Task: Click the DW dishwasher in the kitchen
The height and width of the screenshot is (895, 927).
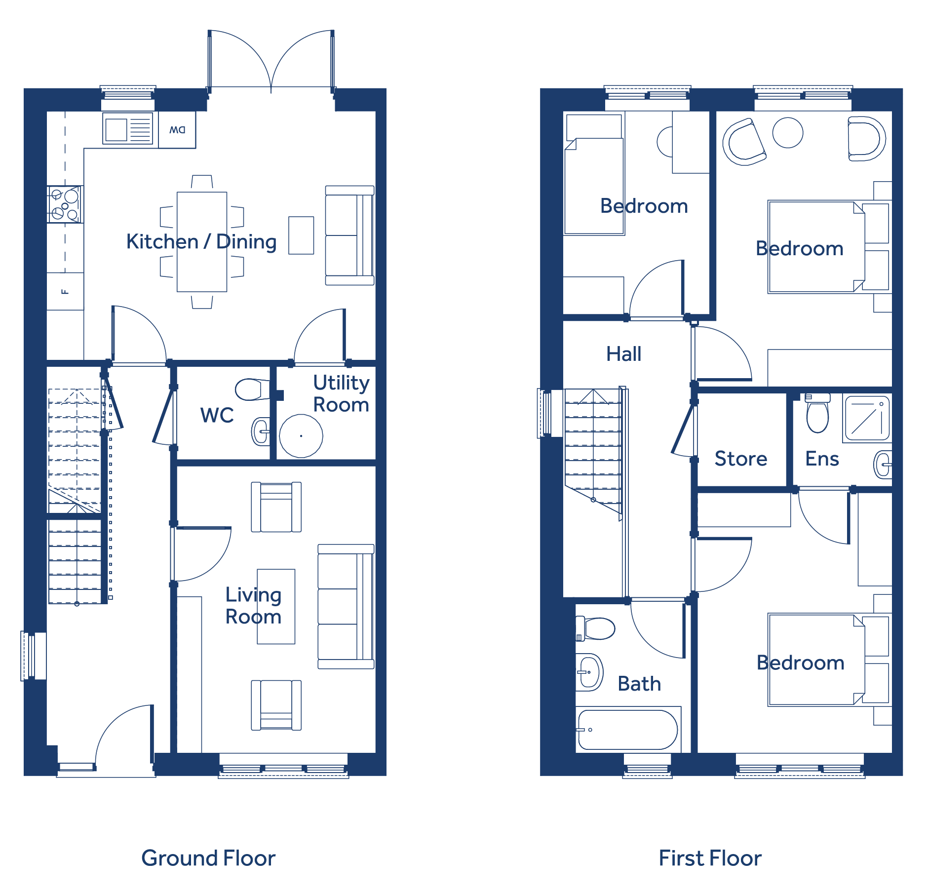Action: coord(177,130)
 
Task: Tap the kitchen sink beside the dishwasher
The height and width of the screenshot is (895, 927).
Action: coord(128,129)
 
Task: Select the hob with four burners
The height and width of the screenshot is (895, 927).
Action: coord(65,204)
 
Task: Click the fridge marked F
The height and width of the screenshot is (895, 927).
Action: coord(65,291)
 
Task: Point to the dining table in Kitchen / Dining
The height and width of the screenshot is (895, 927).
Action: coord(202,242)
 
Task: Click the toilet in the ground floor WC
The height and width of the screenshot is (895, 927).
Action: coord(252,389)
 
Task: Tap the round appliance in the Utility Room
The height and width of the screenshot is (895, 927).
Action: coord(301,436)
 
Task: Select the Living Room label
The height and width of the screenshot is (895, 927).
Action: coord(253,606)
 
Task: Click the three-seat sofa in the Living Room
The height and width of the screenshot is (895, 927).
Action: coord(346,606)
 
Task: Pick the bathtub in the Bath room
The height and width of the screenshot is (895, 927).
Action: coord(628,730)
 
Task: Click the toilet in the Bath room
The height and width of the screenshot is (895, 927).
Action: coord(595,628)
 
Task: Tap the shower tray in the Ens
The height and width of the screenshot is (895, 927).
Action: coord(867,418)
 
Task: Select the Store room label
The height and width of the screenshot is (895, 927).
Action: coord(741,459)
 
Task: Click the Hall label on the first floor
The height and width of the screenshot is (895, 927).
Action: coord(624,354)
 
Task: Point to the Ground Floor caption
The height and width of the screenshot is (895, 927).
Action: coord(208,858)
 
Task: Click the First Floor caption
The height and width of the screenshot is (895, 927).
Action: coord(710,858)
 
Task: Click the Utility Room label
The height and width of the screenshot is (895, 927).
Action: coord(341,393)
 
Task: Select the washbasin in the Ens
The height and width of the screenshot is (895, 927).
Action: coord(883,465)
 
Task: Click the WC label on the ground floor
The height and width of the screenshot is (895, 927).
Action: coord(217,415)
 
